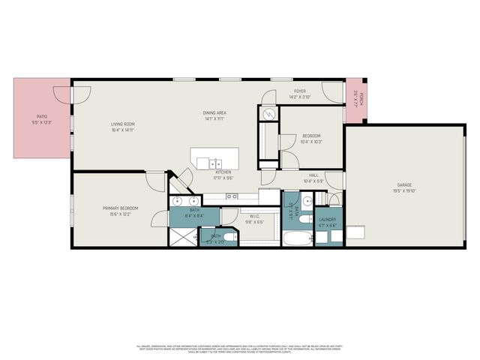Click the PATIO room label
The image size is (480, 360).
[x=42, y=117]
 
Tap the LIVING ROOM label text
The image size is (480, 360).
[x=122, y=124]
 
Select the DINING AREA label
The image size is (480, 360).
[x=215, y=113]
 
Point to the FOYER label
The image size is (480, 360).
[x=299, y=91]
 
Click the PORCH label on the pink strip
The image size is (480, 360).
[x=361, y=97]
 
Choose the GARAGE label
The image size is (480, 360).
[x=405, y=184]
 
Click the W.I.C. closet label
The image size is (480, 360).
[x=255, y=217]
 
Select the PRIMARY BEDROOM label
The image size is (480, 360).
[x=120, y=208]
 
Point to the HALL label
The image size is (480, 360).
[x=313, y=176]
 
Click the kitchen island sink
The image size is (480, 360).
[x=214, y=163]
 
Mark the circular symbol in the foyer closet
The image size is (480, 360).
[x=269, y=115]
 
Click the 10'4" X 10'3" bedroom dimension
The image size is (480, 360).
[x=311, y=142]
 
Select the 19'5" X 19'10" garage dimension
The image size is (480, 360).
[x=405, y=190]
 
